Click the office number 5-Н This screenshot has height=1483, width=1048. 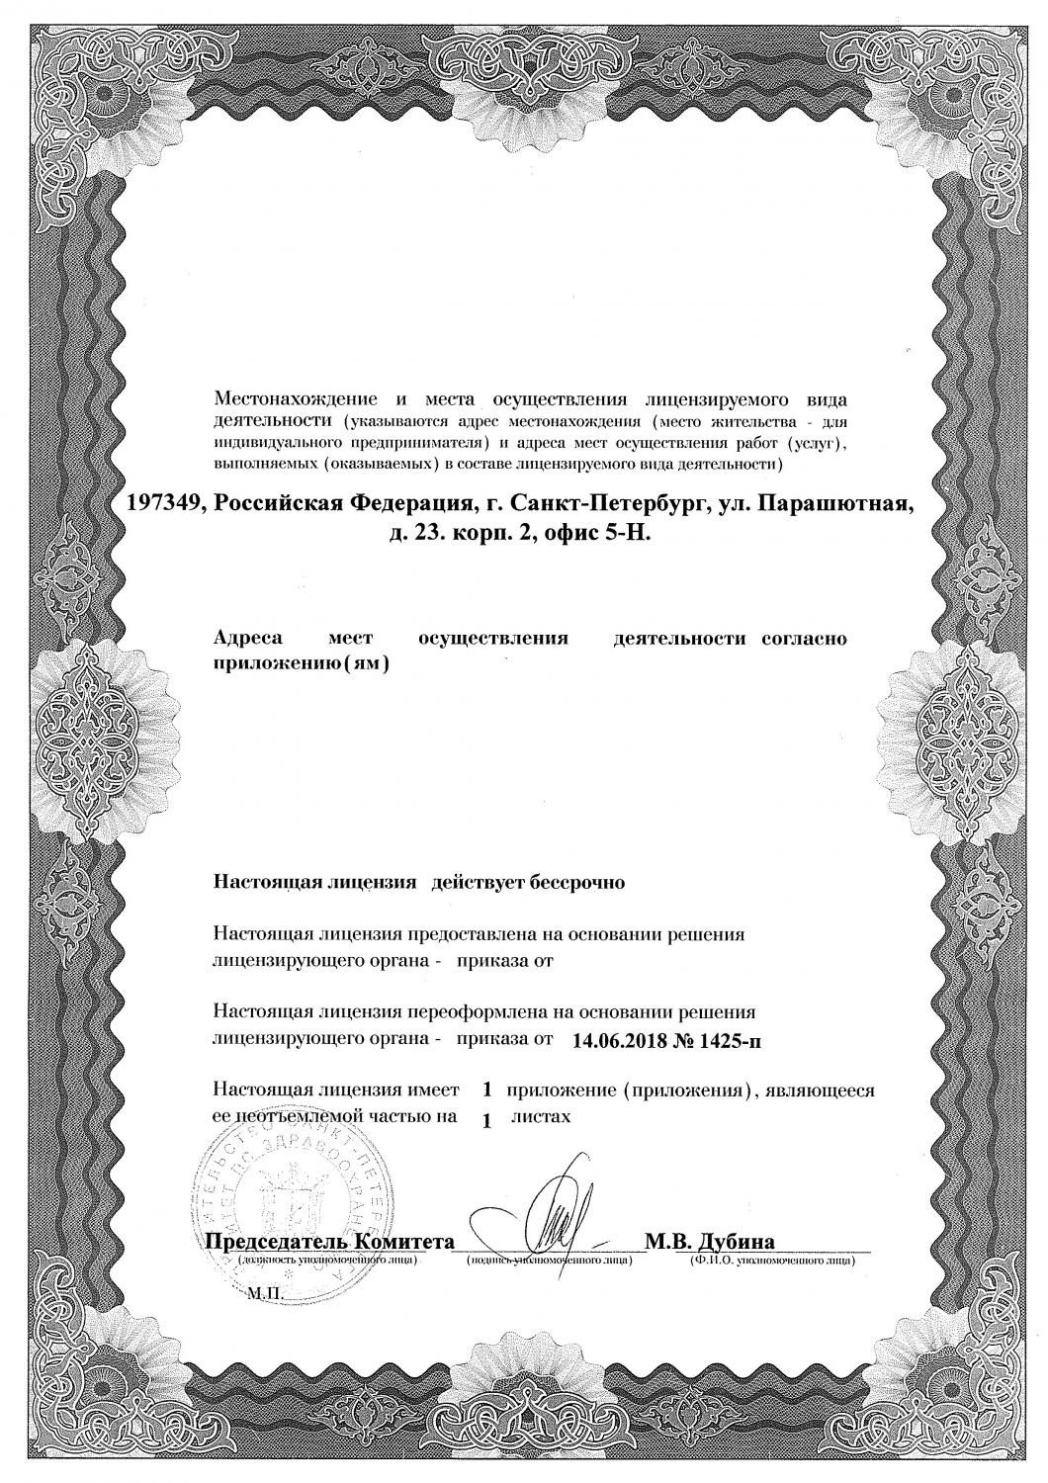(x=616, y=535)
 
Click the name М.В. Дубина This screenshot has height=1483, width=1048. (x=709, y=1242)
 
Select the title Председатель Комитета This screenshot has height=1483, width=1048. (x=330, y=1242)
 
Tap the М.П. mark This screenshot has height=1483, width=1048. (x=264, y=1292)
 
